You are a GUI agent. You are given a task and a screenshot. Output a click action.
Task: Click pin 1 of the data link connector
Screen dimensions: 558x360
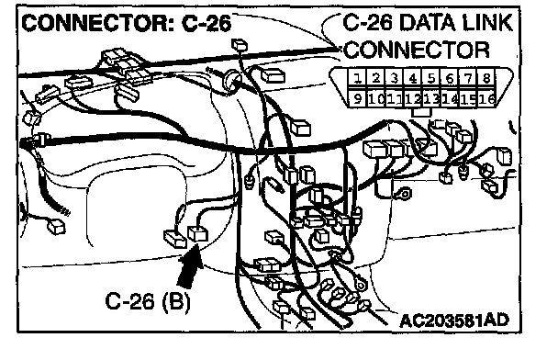pyautogui.click(x=357, y=78)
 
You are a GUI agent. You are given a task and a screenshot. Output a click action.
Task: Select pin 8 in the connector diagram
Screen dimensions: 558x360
pyautogui.click(x=486, y=78)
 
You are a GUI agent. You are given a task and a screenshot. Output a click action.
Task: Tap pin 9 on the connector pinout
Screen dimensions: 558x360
pyautogui.click(x=357, y=98)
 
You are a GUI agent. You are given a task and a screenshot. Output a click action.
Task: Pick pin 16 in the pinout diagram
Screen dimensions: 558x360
pyautogui.click(x=486, y=98)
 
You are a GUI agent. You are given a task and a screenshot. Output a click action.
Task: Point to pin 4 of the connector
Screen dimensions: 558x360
pyautogui.click(x=412, y=78)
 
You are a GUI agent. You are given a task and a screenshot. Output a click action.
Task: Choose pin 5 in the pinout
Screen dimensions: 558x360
pyautogui.click(x=431, y=78)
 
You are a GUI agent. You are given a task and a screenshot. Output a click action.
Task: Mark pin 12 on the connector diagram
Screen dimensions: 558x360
pyautogui.click(x=412, y=98)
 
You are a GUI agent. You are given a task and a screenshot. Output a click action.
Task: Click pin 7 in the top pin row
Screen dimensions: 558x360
pyautogui.click(x=468, y=78)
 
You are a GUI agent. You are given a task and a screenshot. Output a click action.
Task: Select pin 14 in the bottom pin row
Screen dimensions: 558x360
pyautogui.click(x=450, y=98)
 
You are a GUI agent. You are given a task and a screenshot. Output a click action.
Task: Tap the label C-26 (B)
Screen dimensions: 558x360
pyautogui.click(x=148, y=301)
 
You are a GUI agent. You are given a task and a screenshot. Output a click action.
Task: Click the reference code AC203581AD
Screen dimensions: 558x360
pyautogui.click(x=454, y=321)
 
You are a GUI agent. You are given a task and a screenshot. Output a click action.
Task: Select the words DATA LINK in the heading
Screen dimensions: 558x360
pyautogui.click(x=456, y=22)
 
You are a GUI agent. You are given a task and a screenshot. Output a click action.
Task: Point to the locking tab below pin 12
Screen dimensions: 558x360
pyautogui.click(x=421, y=112)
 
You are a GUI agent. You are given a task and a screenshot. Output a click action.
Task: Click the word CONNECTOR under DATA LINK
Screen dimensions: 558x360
pyautogui.click(x=417, y=50)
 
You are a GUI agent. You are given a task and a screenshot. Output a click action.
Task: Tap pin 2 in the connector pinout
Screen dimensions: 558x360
pyautogui.click(x=375, y=78)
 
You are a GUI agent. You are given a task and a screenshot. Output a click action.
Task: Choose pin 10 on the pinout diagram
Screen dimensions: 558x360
pyautogui.click(x=375, y=98)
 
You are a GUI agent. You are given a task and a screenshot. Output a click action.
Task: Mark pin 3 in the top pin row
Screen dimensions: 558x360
pyautogui.click(x=394, y=78)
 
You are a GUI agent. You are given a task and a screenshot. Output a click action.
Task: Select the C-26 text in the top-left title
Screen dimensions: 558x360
pyautogui.click(x=206, y=24)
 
